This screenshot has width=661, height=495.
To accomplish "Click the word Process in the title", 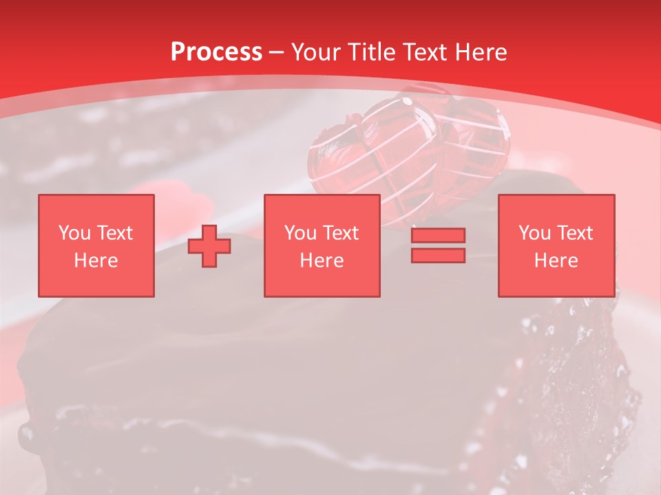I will point(216,52).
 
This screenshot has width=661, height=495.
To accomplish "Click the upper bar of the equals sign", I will point(438,235).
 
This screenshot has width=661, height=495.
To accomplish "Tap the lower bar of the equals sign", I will point(438,255).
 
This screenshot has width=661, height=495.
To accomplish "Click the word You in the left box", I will point(74,233).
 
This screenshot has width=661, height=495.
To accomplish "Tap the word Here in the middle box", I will point(322,261).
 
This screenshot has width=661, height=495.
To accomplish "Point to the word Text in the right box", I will point(575,233).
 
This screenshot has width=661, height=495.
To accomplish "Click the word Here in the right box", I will point(556,261).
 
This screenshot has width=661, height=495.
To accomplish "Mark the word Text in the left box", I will point(114,233).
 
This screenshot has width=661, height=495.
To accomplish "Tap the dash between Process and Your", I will point(277,52).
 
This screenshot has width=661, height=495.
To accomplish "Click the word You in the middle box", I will point(300,233).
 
